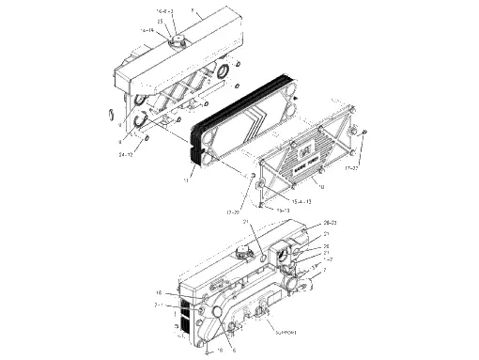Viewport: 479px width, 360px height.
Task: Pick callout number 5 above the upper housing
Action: tap(193, 10)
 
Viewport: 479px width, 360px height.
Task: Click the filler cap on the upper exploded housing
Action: tap(176, 41)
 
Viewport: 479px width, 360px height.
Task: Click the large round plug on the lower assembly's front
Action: tap(210, 311)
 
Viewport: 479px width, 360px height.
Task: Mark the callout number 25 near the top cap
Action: tap(161, 21)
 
